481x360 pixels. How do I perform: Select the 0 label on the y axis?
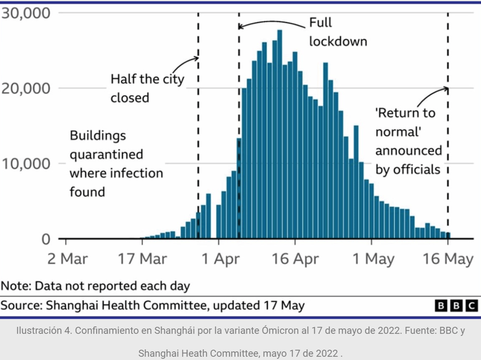point(45,239)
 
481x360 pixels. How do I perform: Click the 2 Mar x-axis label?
point(67,259)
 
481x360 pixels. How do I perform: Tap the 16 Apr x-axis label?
point(295,259)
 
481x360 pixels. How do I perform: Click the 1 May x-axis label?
point(372,259)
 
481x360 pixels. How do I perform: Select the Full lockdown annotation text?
point(338,32)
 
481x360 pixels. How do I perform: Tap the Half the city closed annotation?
point(147,88)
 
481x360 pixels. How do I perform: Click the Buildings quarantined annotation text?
point(116,163)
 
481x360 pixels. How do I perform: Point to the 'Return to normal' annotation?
point(408,141)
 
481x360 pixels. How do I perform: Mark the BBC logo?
point(457,306)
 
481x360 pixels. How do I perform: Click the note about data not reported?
point(95,286)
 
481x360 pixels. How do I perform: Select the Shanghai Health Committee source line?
point(152,306)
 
